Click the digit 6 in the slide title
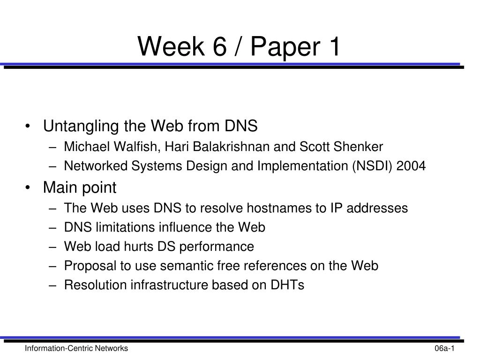219,46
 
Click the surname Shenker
358,147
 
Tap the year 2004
411,166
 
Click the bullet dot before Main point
28,187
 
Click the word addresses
377,208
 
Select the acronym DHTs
287,285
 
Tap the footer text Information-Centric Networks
76,348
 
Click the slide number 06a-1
444,348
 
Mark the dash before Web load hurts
52,247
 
